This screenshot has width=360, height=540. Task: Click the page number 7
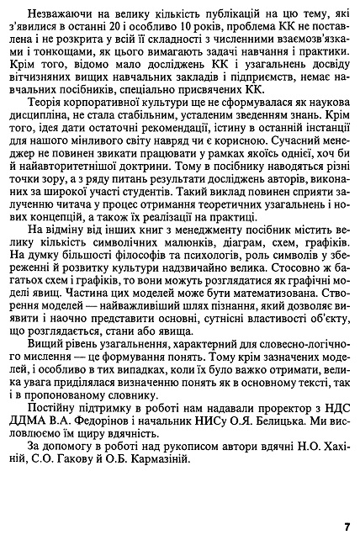346,527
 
